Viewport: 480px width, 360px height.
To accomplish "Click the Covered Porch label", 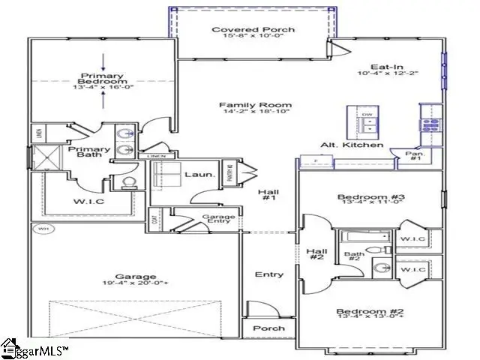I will (242, 30).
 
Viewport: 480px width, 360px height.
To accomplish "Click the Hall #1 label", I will (268, 196).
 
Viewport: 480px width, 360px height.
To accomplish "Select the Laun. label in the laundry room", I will (199, 175).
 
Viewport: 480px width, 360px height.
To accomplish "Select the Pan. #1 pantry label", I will (415, 156).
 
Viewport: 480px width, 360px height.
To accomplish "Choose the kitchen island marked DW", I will (366, 121).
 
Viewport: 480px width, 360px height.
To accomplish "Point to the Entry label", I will (268, 275).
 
